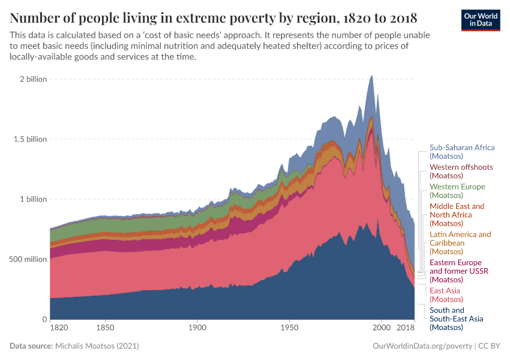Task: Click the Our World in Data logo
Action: (480, 20)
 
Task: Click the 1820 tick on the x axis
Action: (59, 328)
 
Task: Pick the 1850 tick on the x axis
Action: (105, 328)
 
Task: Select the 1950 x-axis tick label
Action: (289, 328)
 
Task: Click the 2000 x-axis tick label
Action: (382, 328)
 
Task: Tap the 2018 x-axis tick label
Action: (406, 328)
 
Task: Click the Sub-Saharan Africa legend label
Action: (462, 152)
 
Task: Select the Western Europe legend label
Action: (457, 191)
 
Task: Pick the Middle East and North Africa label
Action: (457, 215)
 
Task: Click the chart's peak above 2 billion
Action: (372, 76)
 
